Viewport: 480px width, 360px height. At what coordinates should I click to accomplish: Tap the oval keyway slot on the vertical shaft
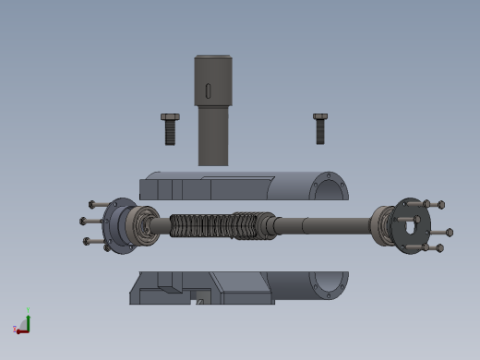[208, 90]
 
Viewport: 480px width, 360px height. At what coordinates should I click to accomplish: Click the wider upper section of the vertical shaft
[213, 78]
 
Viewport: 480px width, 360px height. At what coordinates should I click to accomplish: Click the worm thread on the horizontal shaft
[217, 225]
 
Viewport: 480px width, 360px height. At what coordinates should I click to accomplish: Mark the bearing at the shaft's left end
[140, 224]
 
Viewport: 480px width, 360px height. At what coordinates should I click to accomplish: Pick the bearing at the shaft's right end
[382, 224]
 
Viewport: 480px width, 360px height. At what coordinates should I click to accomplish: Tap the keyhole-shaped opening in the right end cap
[407, 224]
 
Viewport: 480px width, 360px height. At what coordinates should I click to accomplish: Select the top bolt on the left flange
[97, 204]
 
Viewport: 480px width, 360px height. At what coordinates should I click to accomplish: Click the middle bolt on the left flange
[89, 221]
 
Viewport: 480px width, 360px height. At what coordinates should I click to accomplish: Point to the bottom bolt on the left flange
[93, 241]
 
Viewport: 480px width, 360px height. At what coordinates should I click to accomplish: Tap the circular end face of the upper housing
[328, 187]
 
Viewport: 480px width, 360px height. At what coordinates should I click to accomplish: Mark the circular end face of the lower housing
[328, 285]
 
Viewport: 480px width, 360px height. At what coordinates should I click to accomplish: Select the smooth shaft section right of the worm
[323, 224]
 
